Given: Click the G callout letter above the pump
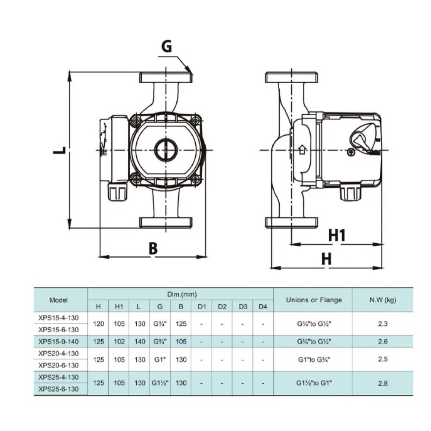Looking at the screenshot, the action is (166, 46).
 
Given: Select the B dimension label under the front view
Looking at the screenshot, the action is (153, 248).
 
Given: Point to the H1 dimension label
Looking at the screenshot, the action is (337, 236).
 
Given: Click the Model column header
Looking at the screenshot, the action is (58, 300).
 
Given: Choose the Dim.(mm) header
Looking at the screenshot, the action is (182, 294).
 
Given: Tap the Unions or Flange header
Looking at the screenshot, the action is (314, 300).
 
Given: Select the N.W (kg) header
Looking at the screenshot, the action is (383, 300).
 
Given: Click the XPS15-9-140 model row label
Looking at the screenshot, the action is (59, 342).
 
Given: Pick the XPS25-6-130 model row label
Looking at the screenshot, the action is (59, 389).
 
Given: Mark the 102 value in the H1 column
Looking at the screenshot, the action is (119, 342).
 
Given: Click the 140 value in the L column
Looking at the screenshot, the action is (140, 342).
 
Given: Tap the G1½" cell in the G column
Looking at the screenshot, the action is (160, 383).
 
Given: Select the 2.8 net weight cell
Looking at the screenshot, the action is (383, 383).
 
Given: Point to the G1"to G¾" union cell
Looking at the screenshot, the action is (314, 359).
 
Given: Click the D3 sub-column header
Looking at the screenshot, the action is (243, 306).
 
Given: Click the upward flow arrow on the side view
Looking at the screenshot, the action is (302, 150).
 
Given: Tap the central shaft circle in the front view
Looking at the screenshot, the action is (166, 150).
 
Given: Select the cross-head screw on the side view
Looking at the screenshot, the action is (351, 152).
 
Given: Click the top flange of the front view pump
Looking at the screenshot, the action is (166, 78).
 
